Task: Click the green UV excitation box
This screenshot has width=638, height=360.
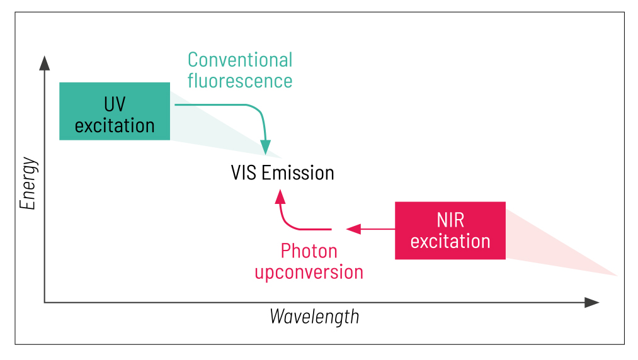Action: (x=114, y=111)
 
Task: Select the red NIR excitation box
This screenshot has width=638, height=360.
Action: (x=450, y=230)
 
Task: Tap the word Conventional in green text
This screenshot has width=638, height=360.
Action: (x=240, y=60)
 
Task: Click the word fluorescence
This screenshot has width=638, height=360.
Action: (x=240, y=81)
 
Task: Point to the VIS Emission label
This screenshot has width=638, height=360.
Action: (x=283, y=172)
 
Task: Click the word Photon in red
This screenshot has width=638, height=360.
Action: (x=309, y=251)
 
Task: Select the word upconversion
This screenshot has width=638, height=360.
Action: (x=309, y=272)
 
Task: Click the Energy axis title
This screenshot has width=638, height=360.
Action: (x=28, y=183)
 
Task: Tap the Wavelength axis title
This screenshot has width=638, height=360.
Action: (x=314, y=315)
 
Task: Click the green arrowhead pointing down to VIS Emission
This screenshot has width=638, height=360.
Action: (x=266, y=148)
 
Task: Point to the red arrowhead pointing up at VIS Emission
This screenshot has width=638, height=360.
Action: (x=280, y=196)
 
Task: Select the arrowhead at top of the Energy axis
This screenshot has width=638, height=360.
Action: (x=44, y=62)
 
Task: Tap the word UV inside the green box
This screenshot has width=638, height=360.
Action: (x=114, y=103)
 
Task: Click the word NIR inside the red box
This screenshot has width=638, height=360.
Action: (x=450, y=220)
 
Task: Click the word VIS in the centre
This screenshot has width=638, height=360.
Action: (x=244, y=172)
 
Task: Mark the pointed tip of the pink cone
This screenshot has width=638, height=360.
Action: (x=617, y=276)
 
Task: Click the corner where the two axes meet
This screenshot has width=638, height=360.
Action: (x=45, y=303)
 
